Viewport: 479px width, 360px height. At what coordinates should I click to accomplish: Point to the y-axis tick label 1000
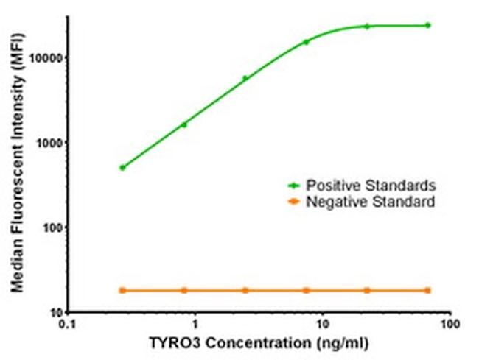tap(49, 142)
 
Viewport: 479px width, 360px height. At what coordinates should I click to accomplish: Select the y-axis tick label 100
tap(52, 227)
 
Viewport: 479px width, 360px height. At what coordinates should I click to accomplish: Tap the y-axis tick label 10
tap(55, 313)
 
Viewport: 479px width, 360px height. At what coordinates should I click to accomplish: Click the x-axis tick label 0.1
tap(68, 325)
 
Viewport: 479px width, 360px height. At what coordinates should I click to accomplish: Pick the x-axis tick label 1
tap(195, 325)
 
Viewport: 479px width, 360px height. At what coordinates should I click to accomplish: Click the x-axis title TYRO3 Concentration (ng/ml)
tap(259, 344)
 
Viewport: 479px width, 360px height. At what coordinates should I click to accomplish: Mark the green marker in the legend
tap(295, 185)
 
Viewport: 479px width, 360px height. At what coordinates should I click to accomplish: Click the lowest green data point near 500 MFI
tap(122, 168)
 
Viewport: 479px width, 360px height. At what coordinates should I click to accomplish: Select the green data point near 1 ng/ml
tap(183, 124)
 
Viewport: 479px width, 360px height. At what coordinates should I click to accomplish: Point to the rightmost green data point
tap(428, 25)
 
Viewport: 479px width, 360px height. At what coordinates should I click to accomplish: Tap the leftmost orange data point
tap(122, 291)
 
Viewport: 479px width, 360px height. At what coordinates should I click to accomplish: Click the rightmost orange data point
tap(428, 291)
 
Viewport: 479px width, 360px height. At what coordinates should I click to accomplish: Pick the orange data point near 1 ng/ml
tap(183, 291)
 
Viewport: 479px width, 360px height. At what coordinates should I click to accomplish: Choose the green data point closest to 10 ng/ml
tap(306, 42)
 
